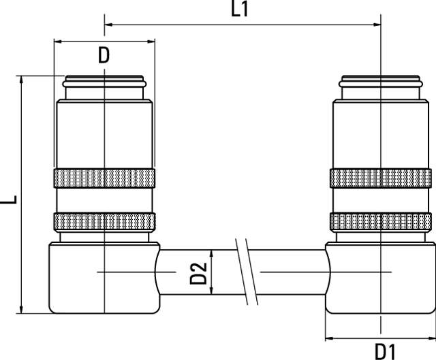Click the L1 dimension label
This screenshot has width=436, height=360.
(x=239, y=10)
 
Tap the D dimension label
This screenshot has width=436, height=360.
(x=104, y=55)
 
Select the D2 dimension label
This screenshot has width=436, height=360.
(x=198, y=274)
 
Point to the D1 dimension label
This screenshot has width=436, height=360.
(x=385, y=352)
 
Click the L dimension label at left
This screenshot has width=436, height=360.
(x=8, y=199)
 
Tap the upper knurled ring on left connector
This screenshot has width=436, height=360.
(x=104, y=178)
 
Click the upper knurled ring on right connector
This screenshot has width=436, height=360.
(x=381, y=178)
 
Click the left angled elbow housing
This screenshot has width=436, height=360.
(x=104, y=278)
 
